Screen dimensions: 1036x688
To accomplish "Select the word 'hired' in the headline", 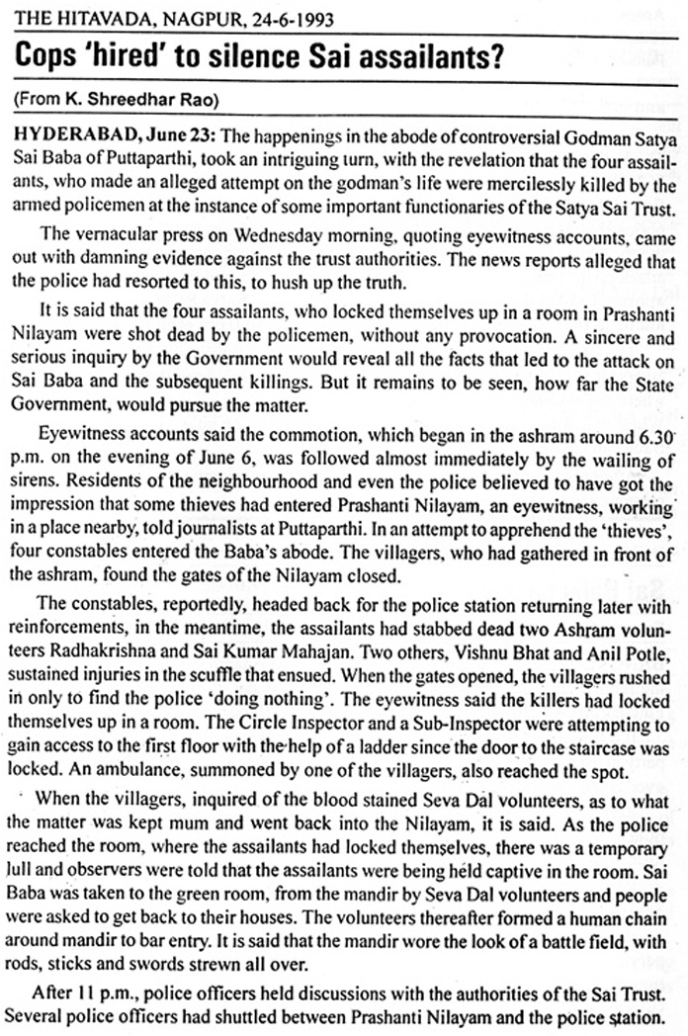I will pyautogui.click(x=118, y=57).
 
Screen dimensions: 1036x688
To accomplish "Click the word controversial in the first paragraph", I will pyautogui.click(x=457, y=133).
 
